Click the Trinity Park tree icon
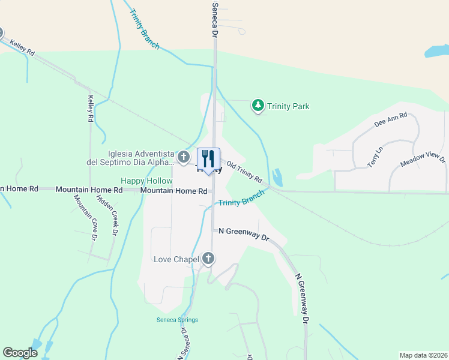click(258, 106)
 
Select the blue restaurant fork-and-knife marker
click(209, 160)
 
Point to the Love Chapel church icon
click(208, 259)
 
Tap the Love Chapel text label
click(175, 259)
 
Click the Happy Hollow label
click(146, 181)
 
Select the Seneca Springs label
click(177, 320)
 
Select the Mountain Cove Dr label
click(86, 217)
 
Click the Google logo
click(20, 353)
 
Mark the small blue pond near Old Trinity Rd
click(277, 178)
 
